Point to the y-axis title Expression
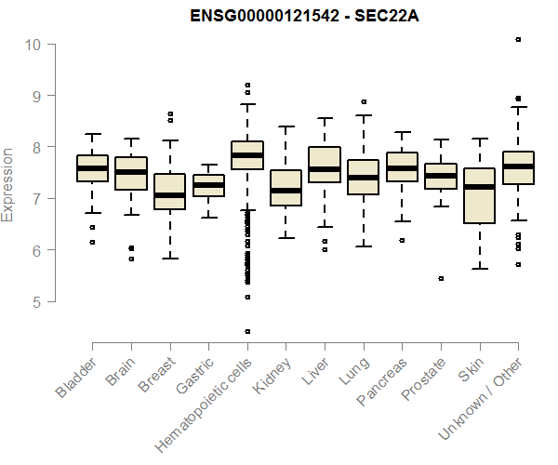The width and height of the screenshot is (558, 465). (x=8, y=184)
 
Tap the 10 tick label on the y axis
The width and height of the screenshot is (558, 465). (x=33, y=44)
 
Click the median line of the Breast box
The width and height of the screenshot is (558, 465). (x=169, y=195)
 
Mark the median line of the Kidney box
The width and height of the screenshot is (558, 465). (x=286, y=191)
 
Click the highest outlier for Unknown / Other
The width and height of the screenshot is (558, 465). (x=518, y=39)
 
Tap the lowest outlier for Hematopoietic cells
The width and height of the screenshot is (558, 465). (x=247, y=331)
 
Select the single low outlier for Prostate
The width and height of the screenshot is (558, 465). (x=441, y=278)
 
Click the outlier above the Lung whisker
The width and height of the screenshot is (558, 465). (x=364, y=101)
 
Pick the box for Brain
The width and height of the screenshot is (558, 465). (x=131, y=173)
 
